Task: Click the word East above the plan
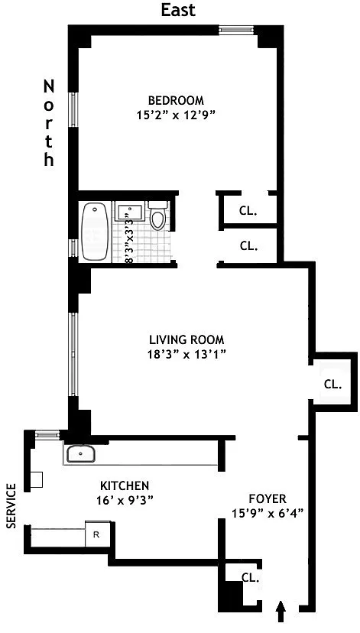pyautogui.click(x=178, y=10)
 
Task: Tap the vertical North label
pyautogui.click(x=49, y=123)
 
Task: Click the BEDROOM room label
pyautogui.click(x=176, y=100)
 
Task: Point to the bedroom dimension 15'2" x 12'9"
pyautogui.click(x=175, y=115)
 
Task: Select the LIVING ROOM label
pyautogui.click(x=186, y=339)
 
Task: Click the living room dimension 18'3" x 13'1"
pyautogui.click(x=186, y=355)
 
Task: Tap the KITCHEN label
pyautogui.click(x=125, y=485)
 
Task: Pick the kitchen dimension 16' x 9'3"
pyautogui.click(x=125, y=500)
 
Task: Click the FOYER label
pyautogui.click(x=268, y=498)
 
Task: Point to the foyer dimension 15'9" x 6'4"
pyautogui.click(x=268, y=514)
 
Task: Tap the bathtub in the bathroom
pyautogui.click(x=95, y=232)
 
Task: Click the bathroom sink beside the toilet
pyautogui.click(x=129, y=212)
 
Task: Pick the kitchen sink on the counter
pyautogui.click(x=80, y=454)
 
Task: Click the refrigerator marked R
pyautogui.click(x=98, y=534)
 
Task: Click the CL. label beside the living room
pyautogui.click(x=333, y=384)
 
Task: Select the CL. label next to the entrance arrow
pyautogui.click(x=250, y=577)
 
